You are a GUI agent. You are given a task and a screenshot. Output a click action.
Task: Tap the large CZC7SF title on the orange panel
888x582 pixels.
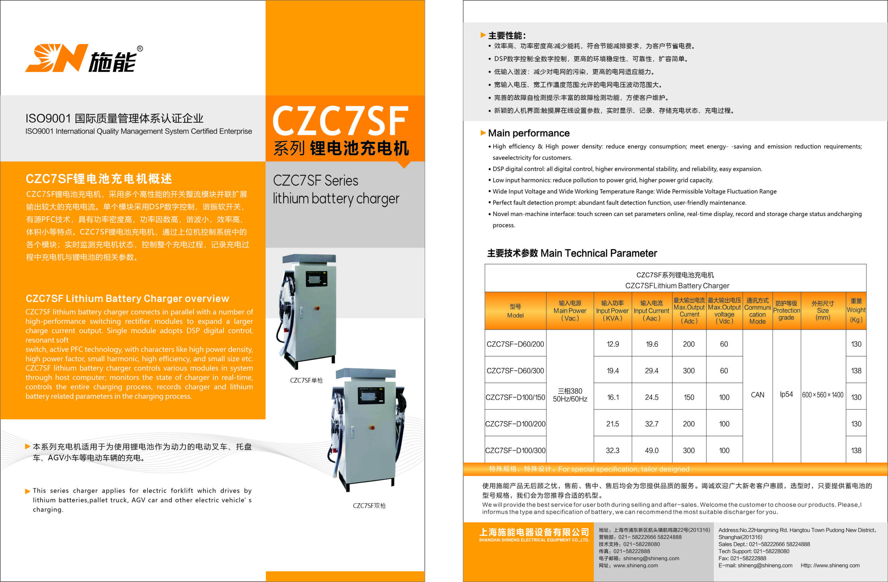click(340, 120)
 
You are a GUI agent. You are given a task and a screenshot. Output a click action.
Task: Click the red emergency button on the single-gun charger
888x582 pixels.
click(317, 309)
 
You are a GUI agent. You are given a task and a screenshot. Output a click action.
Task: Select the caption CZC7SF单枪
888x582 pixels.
click(306, 380)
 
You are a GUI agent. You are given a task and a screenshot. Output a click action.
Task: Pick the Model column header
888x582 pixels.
click(515, 311)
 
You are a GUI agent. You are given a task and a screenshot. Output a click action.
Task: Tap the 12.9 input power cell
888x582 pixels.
click(613, 344)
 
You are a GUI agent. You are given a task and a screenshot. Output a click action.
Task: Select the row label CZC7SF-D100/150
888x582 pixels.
click(515, 397)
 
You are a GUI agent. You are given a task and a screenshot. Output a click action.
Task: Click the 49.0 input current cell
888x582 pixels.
click(651, 450)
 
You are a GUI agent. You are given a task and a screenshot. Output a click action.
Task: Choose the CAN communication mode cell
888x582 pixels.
click(758, 395)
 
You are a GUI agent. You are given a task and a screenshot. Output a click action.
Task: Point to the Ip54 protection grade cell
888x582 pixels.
click(786, 394)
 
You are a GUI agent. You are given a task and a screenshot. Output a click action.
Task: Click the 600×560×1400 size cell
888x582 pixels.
click(823, 395)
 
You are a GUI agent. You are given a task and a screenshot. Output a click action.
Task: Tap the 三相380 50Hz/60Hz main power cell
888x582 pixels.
click(570, 395)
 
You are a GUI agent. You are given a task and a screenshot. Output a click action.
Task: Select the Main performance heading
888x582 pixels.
click(529, 133)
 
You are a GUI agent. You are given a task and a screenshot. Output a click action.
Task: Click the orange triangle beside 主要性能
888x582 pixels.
click(483, 35)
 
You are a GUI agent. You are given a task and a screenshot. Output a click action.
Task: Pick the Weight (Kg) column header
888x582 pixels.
click(856, 310)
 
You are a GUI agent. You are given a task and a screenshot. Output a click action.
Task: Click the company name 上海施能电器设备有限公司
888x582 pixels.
click(534, 532)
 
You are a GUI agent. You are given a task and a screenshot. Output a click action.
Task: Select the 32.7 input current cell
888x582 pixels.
click(651, 424)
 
